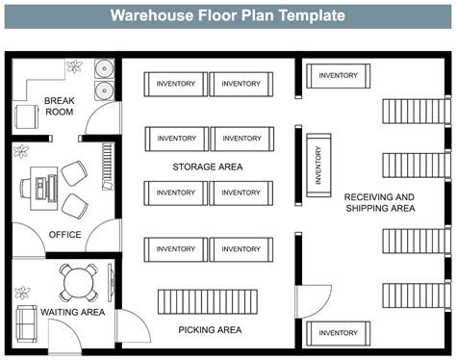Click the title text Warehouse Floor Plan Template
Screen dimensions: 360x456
[x=227, y=15]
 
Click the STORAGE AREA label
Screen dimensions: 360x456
[x=208, y=167]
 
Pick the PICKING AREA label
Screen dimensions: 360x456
[x=209, y=330]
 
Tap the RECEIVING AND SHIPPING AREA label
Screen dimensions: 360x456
[x=379, y=202]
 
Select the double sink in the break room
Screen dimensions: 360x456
[x=104, y=78]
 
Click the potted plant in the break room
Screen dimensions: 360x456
[x=75, y=67]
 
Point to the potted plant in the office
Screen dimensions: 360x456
[x=21, y=152]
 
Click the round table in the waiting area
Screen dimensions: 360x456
[x=76, y=282]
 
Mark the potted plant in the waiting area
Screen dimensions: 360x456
[x=21, y=293]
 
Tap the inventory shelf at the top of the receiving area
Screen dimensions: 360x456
[x=338, y=75]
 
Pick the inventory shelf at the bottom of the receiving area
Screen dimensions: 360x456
[x=338, y=333]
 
